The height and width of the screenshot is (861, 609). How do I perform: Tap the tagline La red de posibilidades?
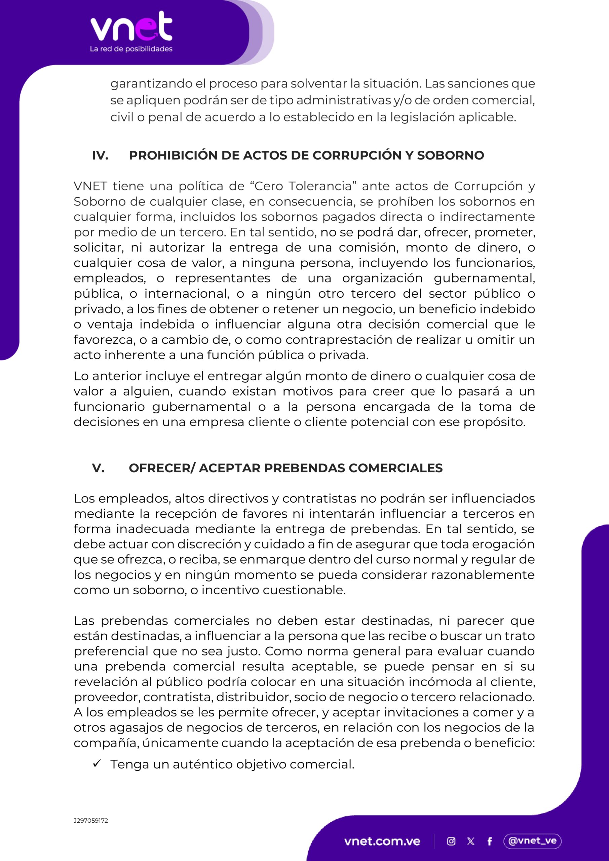pos(131,49)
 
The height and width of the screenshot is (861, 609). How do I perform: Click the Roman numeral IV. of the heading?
pos(100,155)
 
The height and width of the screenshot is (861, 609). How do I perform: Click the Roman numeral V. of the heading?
pos(98,468)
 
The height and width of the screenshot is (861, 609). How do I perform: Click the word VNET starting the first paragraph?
pos(90,186)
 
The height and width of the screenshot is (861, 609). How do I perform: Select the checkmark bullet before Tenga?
pos(97,764)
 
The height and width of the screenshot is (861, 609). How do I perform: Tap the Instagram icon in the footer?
pos(452,841)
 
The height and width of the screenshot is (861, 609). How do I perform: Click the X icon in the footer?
pos(471,841)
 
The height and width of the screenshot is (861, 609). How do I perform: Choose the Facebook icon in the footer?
pos(489,841)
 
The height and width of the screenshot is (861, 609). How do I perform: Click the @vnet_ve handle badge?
pos(532,841)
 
